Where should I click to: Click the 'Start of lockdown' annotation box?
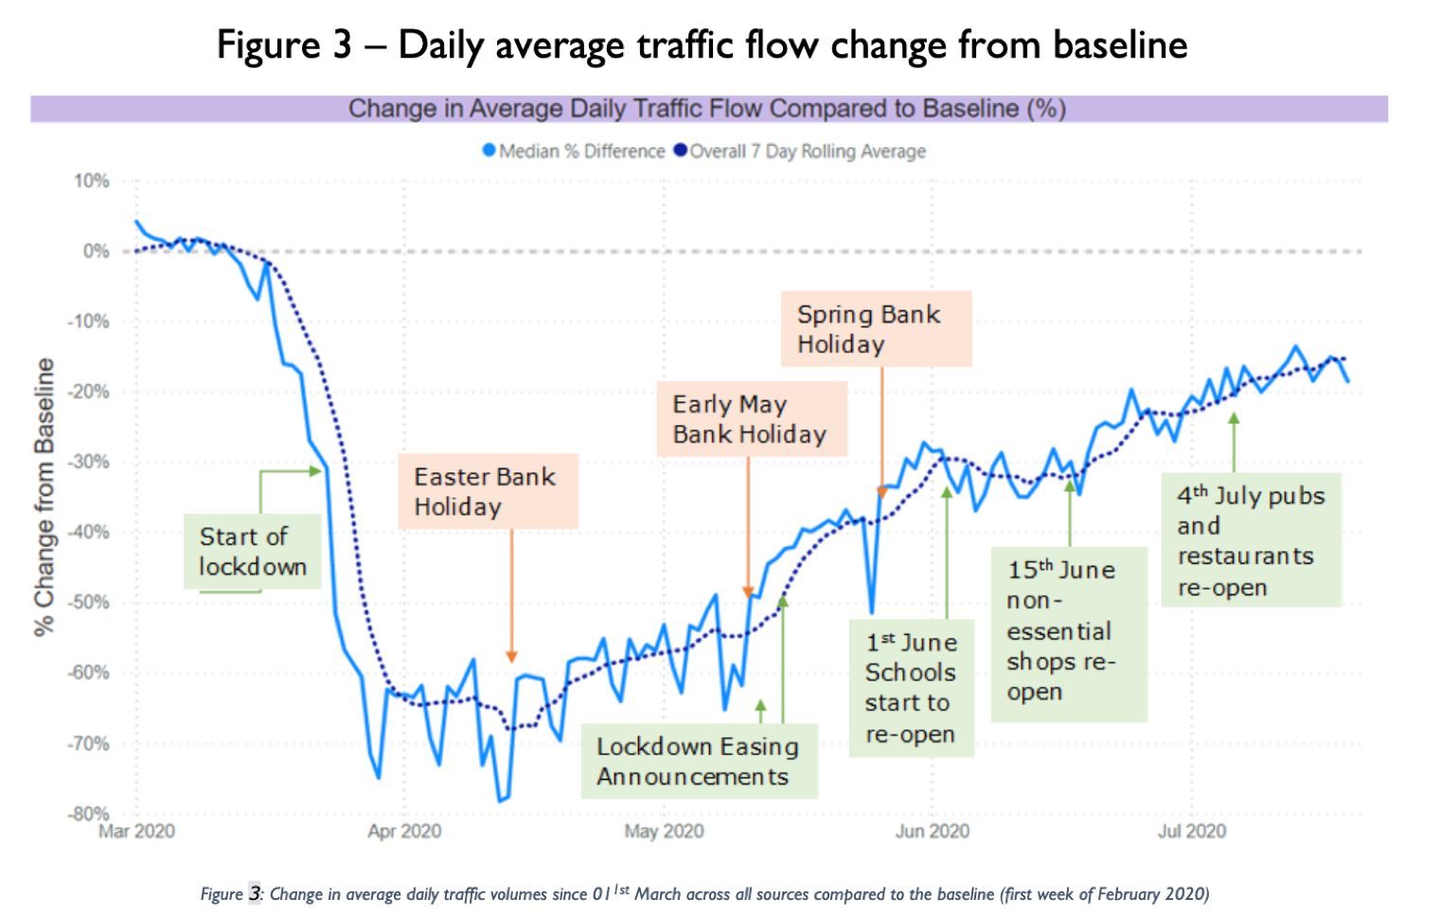point(252,552)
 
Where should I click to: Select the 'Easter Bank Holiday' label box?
point(488,491)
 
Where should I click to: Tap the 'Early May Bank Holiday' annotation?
point(751,419)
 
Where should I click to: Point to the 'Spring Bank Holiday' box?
point(876,328)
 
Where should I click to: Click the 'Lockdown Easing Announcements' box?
point(699,761)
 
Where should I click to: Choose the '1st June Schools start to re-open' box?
point(911,688)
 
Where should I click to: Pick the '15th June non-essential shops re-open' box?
point(1068,631)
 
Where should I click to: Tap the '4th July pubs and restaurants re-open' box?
point(1251,540)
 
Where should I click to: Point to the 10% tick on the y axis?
point(92,181)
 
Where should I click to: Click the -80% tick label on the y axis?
point(89,814)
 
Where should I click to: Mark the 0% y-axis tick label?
point(96,251)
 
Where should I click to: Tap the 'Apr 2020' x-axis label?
point(404,832)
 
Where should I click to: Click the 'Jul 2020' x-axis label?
point(1191,832)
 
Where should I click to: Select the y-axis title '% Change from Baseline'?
point(44,497)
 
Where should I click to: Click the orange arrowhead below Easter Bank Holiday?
point(511,657)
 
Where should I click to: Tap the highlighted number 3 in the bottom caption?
point(255,893)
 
